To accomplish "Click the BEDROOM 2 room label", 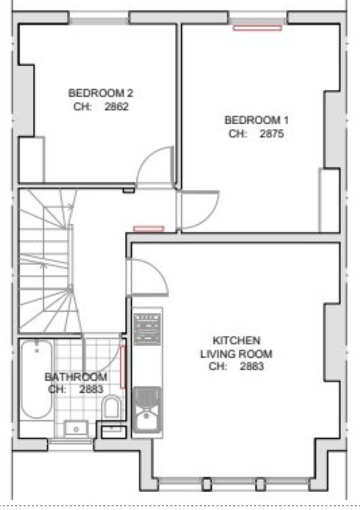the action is click(101, 93).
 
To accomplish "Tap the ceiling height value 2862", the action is click(117, 106).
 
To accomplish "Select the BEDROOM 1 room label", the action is click(256, 120).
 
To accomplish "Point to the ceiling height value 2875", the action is click(271, 134).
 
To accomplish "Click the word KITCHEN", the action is click(236, 340).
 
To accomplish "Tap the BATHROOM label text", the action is click(76, 377).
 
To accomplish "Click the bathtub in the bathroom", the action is click(36, 379).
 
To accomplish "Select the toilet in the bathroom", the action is click(112, 407).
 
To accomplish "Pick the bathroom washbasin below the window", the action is click(76, 429).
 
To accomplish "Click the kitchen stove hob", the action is click(147, 329).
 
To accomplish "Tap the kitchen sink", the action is click(147, 410).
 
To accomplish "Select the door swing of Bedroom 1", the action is click(199, 210).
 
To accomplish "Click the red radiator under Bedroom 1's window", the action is click(257, 28).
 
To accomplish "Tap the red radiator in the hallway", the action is click(149, 229).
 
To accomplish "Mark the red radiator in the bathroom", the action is click(123, 367).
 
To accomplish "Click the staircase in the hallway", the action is click(45, 261).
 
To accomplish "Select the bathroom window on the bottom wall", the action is click(71, 441).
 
